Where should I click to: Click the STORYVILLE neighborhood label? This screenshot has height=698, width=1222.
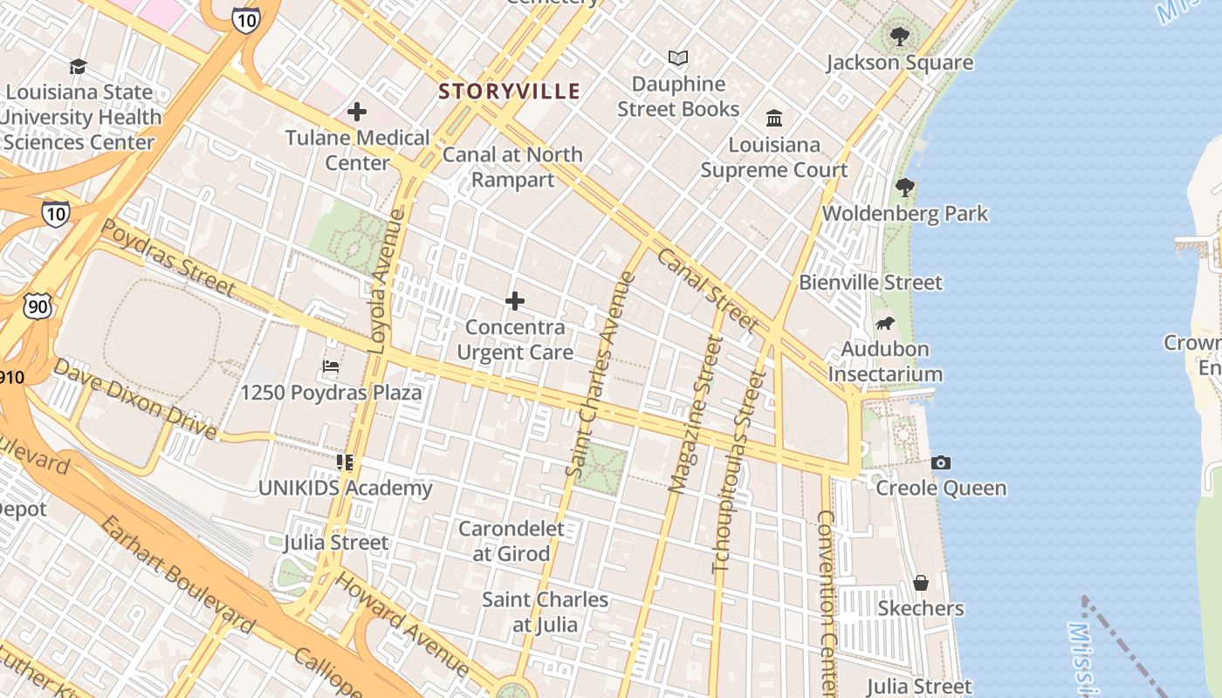click(509, 91)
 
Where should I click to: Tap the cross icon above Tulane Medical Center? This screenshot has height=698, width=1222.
click(356, 112)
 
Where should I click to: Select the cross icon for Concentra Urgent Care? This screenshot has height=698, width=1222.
click(515, 301)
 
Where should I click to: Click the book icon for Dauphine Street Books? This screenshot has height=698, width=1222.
click(678, 58)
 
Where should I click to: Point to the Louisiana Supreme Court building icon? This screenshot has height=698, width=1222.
click(773, 118)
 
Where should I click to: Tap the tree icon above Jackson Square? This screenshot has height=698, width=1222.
click(899, 37)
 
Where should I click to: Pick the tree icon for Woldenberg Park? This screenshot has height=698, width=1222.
click(905, 187)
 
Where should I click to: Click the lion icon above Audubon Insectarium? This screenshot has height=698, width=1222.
click(884, 324)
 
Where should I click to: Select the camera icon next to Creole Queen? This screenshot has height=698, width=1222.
click(940, 462)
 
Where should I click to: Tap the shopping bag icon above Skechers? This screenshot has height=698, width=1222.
click(920, 583)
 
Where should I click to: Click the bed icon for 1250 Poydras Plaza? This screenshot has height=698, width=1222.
click(331, 366)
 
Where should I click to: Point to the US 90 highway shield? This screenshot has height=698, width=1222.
click(38, 306)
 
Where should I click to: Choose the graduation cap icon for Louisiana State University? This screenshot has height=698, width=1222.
click(79, 66)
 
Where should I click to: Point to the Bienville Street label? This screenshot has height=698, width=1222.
click(870, 283)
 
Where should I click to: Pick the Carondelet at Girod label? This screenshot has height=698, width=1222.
click(511, 541)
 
